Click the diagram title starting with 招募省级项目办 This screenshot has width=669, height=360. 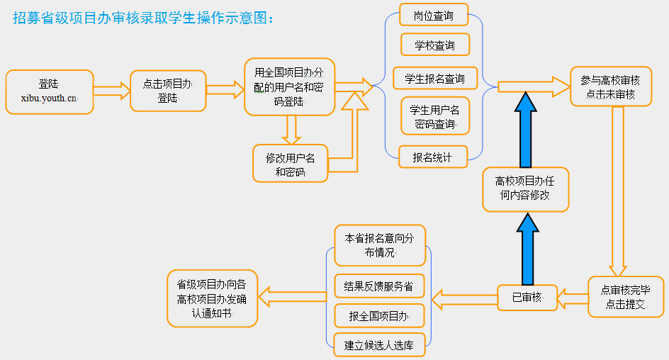143,18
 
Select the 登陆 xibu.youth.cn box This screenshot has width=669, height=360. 50,92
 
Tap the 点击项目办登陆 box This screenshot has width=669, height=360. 168,91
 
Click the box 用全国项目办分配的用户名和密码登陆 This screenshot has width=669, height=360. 290,87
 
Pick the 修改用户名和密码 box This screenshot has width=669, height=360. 290,164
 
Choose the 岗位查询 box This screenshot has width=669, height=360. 434,15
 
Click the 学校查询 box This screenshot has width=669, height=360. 435,45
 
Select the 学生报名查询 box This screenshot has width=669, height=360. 435,78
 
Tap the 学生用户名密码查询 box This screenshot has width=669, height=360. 435,116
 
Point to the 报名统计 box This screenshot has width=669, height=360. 433,157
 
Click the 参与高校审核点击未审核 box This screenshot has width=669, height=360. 611,86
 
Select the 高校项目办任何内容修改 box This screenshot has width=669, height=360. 526,189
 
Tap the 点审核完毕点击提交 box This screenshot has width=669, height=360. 626,297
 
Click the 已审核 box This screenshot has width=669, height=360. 527,298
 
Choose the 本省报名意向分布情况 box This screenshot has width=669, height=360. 380,245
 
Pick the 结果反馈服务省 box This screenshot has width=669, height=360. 379,286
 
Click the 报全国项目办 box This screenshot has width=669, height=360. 379,315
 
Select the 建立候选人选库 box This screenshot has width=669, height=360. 380,344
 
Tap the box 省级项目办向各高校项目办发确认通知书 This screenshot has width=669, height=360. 213,298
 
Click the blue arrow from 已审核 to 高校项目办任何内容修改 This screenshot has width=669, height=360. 528,249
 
